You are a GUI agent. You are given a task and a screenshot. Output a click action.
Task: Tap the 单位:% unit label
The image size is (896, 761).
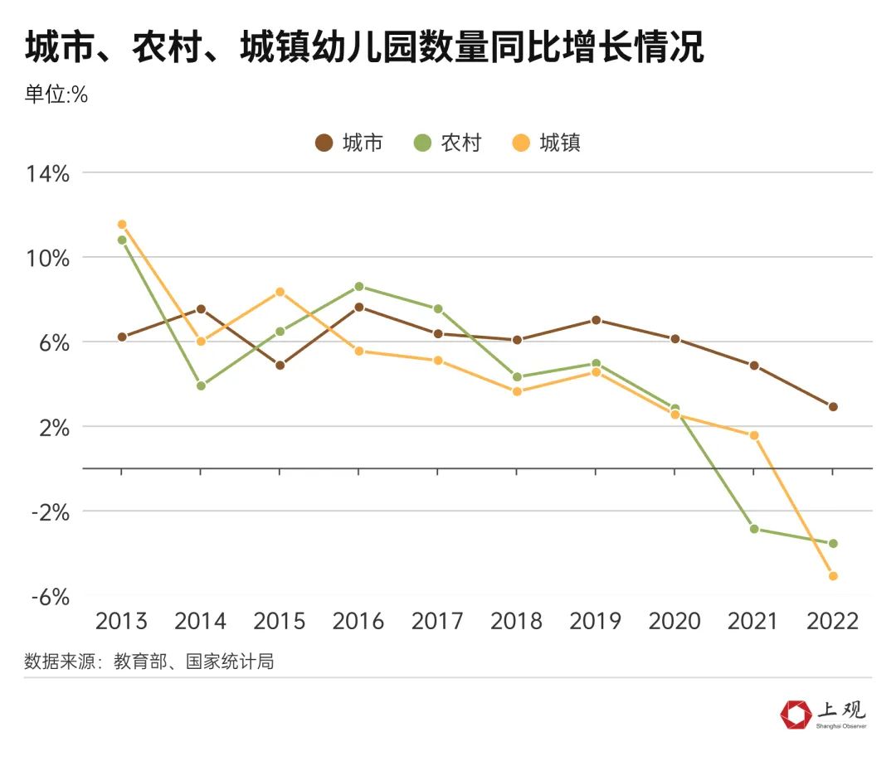pyautogui.click(x=56, y=95)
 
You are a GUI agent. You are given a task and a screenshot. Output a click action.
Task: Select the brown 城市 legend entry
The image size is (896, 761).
pyautogui.click(x=349, y=143)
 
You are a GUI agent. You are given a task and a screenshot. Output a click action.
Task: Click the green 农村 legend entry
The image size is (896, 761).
pyautogui.click(x=447, y=143)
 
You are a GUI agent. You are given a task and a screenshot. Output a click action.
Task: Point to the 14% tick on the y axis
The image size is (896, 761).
pyautogui.click(x=46, y=174)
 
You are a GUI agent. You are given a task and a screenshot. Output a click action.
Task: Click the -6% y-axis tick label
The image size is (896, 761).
pyautogui.click(x=49, y=597)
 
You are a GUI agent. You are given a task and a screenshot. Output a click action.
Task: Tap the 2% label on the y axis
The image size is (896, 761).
pyautogui.click(x=52, y=428)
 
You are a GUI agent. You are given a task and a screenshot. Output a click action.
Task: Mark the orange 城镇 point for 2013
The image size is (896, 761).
pyautogui.click(x=122, y=225)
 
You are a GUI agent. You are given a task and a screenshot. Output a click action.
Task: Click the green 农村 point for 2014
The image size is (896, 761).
pyautogui.click(x=201, y=385)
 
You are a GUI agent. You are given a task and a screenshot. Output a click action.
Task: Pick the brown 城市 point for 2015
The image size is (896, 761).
pyautogui.click(x=280, y=365)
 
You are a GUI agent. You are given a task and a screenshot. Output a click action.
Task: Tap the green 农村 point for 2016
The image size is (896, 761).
pyautogui.click(x=359, y=287)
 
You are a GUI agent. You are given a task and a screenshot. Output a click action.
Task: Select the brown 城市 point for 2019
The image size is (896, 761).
pyautogui.click(x=596, y=320)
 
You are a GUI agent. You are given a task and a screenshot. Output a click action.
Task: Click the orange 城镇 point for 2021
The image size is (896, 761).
pyautogui.click(x=754, y=435)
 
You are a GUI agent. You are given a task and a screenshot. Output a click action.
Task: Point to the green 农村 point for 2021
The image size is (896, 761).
pyautogui.click(x=754, y=529)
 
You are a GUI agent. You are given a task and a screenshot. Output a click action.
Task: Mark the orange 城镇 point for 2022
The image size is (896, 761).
pyautogui.click(x=833, y=575)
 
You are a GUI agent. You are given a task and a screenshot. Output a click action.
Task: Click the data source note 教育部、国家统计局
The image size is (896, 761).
pyautogui.click(x=149, y=662)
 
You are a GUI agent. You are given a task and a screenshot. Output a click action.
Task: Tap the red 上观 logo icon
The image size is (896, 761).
pyautogui.click(x=796, y=714)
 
